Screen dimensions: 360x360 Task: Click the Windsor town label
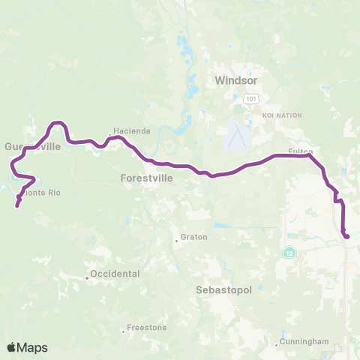pyautogui.click(x=235, y=79)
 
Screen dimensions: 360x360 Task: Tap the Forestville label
pyautogui.click(x=146, y=178)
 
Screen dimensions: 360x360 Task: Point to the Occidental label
pyautogui.click(x=114, y=274)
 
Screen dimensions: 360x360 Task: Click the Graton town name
pyautogui.click(x=193, y=238)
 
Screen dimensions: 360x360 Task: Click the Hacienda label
pyautogui.click(x=132, y=130)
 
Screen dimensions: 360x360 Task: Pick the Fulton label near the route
pyautogui.click(x=300, y=152)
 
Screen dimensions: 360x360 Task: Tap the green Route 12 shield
pyautogui.click(x=289, y=253)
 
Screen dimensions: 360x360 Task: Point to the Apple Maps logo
pyautogui.click(x=27, y=346)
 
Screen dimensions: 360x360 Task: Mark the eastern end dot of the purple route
pyautogui.click(x=346, y=237)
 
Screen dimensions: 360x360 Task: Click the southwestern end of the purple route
pyautogui.click(x=16, y=204)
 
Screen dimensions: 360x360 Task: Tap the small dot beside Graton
pyautogui.click(x=176, y=241)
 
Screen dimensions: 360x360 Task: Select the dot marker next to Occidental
pyautogui.click(x=87, y=277)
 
